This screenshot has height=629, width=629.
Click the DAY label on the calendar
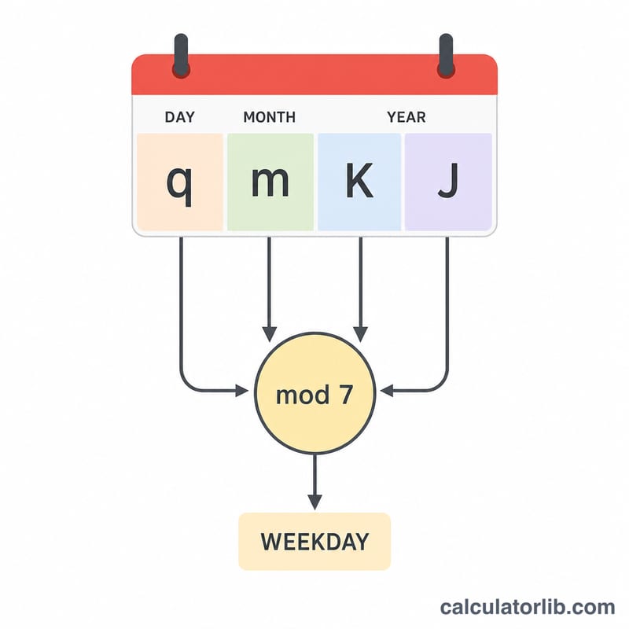pos(180,117)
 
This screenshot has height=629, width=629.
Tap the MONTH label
pos(270,117)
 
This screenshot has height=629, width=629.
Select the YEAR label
pos(406,117)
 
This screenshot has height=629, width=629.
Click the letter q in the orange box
pos(179,185)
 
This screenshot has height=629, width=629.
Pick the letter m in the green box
pos(270,182)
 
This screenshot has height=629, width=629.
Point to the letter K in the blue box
pos(359,180)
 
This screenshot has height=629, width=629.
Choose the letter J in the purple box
pos(448,181)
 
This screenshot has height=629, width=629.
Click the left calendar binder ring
pos(181,55)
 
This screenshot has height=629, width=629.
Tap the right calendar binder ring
pos(446,55)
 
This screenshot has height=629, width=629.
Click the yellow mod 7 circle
pos(315,393)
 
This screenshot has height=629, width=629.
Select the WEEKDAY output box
pos(314,542)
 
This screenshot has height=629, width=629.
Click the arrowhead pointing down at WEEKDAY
pos(315,502)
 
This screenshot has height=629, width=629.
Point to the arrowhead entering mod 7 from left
pos(242,391)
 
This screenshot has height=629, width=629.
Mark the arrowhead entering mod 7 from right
pos(387,391)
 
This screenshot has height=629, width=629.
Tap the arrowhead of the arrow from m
pos(269,334)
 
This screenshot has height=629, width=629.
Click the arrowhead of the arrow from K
pos(361,334)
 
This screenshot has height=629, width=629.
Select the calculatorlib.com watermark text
pos(528,607)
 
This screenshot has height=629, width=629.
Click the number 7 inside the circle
pos(346,395)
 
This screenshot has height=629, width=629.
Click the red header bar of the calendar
pos(314,75)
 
